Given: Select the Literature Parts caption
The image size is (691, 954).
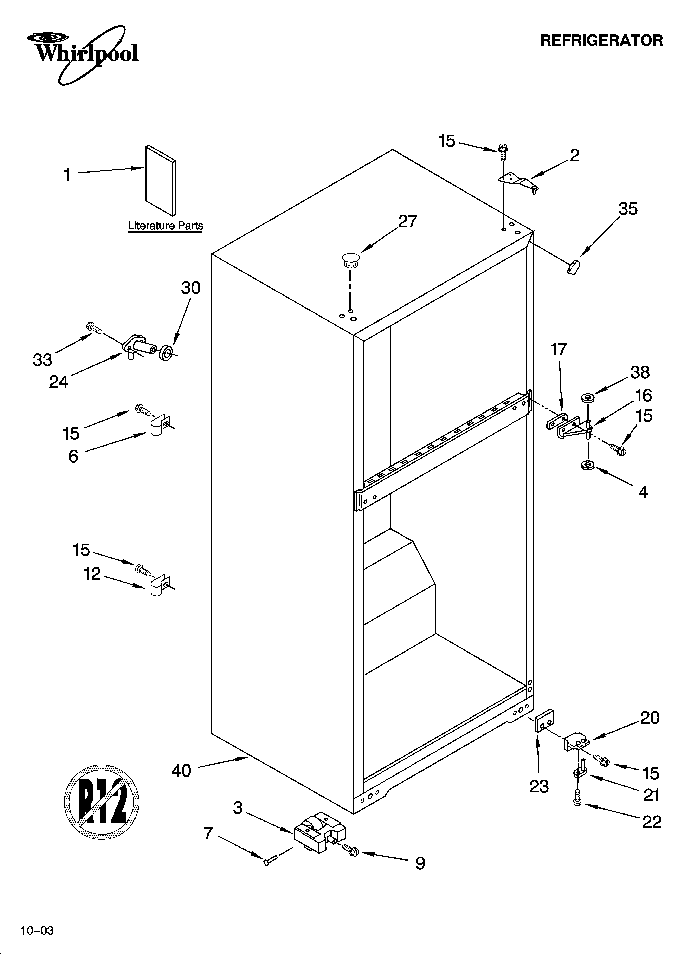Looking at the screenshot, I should coord(165,226).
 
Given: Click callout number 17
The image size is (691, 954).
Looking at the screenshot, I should coord(559,349).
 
